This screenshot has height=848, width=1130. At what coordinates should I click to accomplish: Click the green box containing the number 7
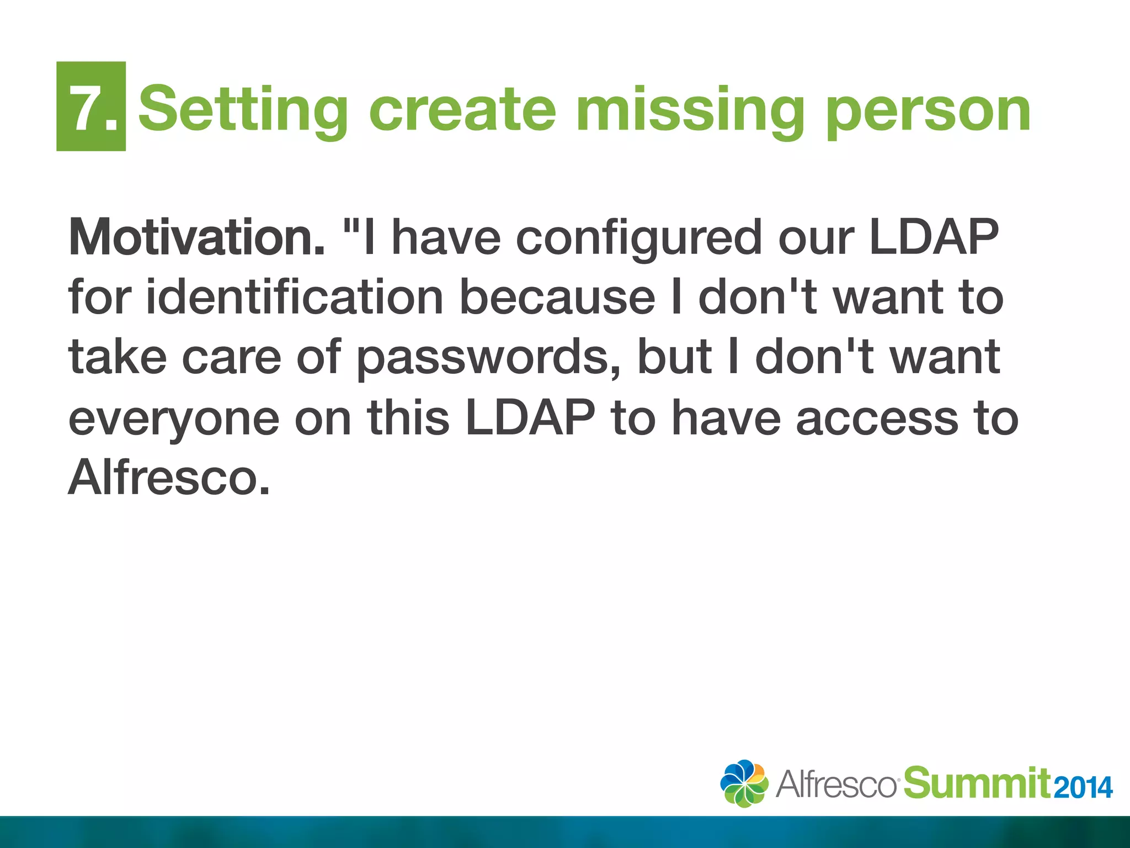91,106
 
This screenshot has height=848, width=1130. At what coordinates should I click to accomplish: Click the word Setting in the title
243,110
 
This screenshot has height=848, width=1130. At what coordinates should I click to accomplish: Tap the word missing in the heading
689,110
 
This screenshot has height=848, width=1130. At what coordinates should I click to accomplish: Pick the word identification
295,298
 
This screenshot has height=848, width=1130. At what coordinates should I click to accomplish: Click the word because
557,298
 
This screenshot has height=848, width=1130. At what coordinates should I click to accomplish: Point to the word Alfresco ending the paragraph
169,478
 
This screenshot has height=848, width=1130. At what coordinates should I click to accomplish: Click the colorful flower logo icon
744,783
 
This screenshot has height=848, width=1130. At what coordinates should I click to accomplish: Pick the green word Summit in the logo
976,783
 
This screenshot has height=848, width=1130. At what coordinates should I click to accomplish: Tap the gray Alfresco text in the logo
835,784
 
